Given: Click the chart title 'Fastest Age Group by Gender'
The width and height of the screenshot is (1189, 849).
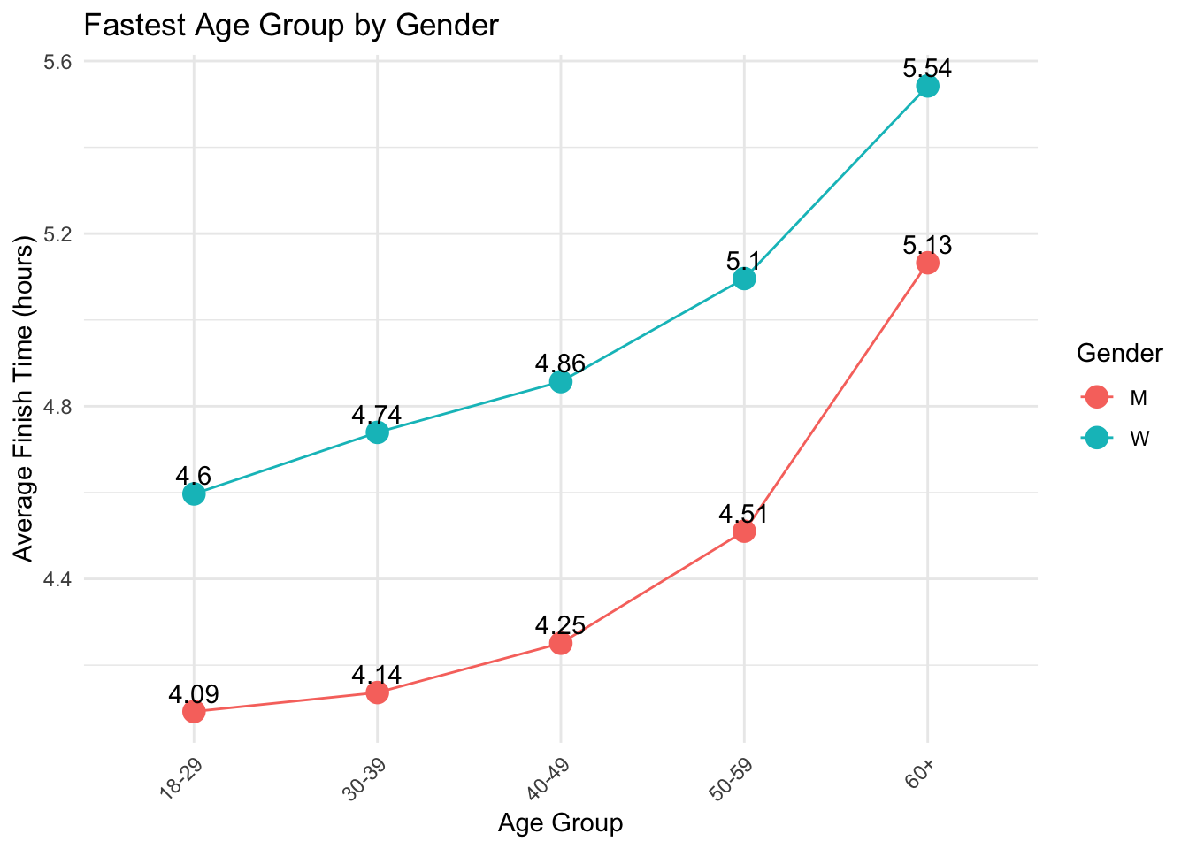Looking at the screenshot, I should (291, 26).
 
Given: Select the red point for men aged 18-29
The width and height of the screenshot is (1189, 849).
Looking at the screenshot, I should (194, 711).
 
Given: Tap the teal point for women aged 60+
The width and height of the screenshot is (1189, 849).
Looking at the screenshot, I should (927, 86).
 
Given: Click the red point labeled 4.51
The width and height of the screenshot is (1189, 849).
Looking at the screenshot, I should (744, 531).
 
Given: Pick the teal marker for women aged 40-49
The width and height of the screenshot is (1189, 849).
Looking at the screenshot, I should (560, 382).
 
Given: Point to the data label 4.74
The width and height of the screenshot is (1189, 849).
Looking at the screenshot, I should (377, 415).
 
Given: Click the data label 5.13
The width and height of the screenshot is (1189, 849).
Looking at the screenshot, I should (927, 245).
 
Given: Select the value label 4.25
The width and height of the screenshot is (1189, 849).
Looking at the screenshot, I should (560, 625).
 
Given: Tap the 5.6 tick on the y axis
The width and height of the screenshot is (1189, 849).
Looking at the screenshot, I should (59, 62).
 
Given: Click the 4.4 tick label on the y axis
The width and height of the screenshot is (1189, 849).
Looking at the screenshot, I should (59, 579).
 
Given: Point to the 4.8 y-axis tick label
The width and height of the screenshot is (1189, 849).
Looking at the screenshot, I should (59, 407).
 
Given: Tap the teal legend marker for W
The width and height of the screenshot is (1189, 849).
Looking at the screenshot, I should (1096, 438).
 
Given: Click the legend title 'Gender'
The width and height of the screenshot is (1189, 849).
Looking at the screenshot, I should (1119, 354).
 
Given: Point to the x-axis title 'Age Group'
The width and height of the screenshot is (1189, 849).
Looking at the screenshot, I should (560, 822).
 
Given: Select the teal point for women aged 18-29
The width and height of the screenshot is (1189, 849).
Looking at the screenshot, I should (194, 493).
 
